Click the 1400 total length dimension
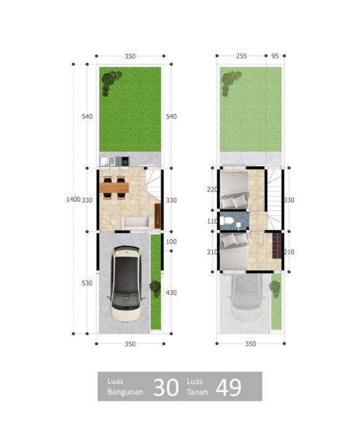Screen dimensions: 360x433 coord(73,199)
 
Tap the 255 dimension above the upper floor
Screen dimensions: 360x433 coord(241,56)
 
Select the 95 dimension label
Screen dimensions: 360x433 coord(275,56)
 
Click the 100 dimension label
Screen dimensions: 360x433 coord(171,242)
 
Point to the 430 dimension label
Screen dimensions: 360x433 coord(171,293)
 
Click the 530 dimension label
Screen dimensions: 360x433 coord(87,283)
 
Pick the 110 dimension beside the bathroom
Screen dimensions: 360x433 coord(212,221)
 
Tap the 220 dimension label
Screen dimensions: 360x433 coord(212,189)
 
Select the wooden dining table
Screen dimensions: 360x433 coord(114,187)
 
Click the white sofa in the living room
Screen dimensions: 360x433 coord(135,223)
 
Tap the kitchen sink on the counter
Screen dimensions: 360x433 coord(108,161)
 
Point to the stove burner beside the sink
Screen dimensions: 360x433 coord(125,161)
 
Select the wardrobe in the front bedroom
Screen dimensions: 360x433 coord(277,246)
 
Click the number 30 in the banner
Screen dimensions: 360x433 coord(166,388)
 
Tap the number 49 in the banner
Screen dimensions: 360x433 coord(229,387)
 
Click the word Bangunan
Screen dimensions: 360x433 coord(125,392)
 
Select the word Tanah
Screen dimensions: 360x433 coord(197,392)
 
